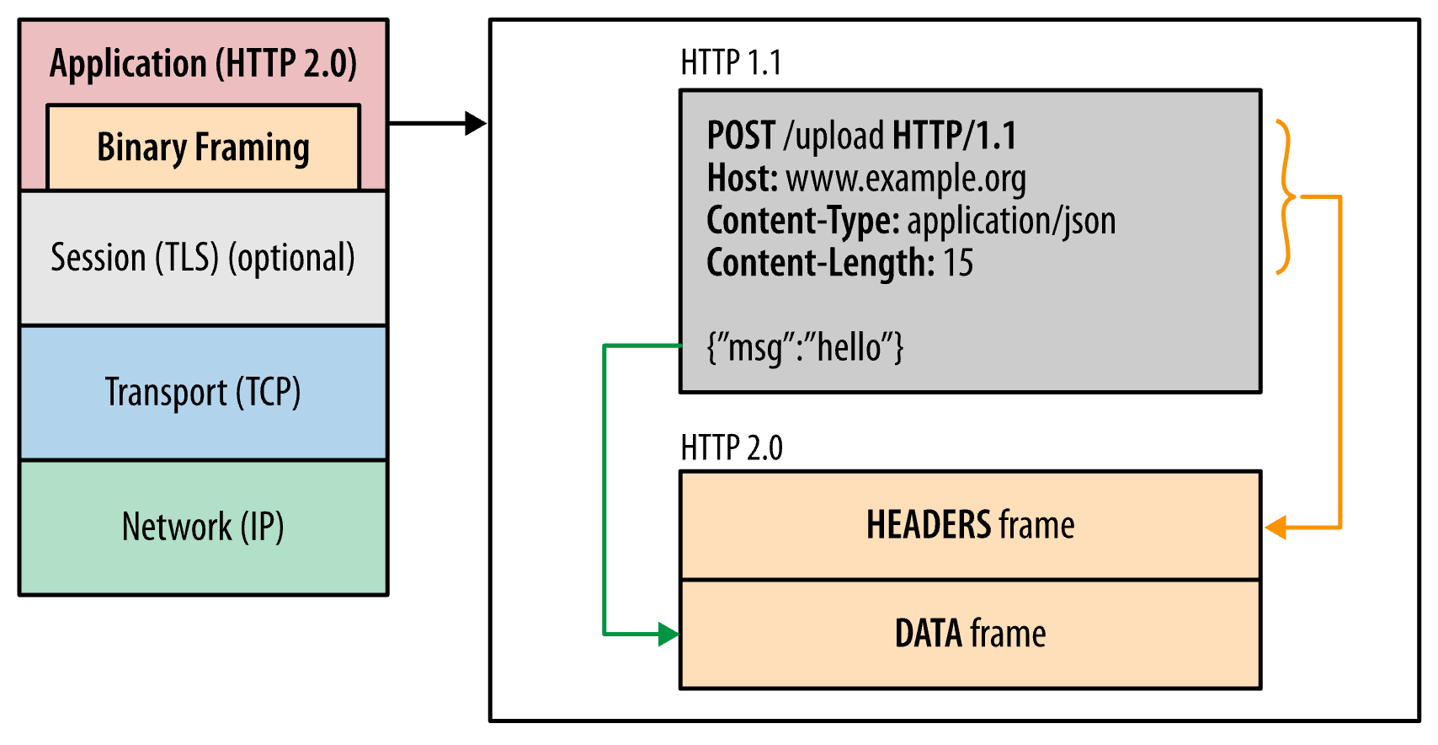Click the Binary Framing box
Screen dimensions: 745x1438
[x=203, y=147]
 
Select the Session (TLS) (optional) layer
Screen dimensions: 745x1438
[x=203, y=258]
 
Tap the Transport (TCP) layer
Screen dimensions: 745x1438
[x=203, y=393]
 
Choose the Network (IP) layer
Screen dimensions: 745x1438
[x=203, y=528]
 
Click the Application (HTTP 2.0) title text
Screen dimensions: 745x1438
[x=203, y=64]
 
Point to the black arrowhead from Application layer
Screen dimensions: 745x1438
[x=476, y=124]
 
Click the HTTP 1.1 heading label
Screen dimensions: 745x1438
[x=731, y=63]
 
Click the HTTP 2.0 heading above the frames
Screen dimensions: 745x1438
[x=731, y=448]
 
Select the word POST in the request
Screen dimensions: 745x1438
[x=740, y=136]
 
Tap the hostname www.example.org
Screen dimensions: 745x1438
[x=905, y=179]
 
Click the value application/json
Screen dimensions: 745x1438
[x=1010, y=221]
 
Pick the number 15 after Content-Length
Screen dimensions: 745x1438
[x=957, y=263]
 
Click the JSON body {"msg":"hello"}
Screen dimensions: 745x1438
[x=805, y=347]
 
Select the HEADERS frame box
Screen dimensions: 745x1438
[x=970, y=525]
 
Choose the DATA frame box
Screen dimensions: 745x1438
[x=970, y=634]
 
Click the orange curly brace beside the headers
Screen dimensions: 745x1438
[x=1284, y=197]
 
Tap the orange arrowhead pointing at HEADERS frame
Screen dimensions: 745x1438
[x=1276, y=528]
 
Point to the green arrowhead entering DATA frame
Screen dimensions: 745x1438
[x=668, y=635]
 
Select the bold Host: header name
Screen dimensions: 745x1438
[x=742, y=179]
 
